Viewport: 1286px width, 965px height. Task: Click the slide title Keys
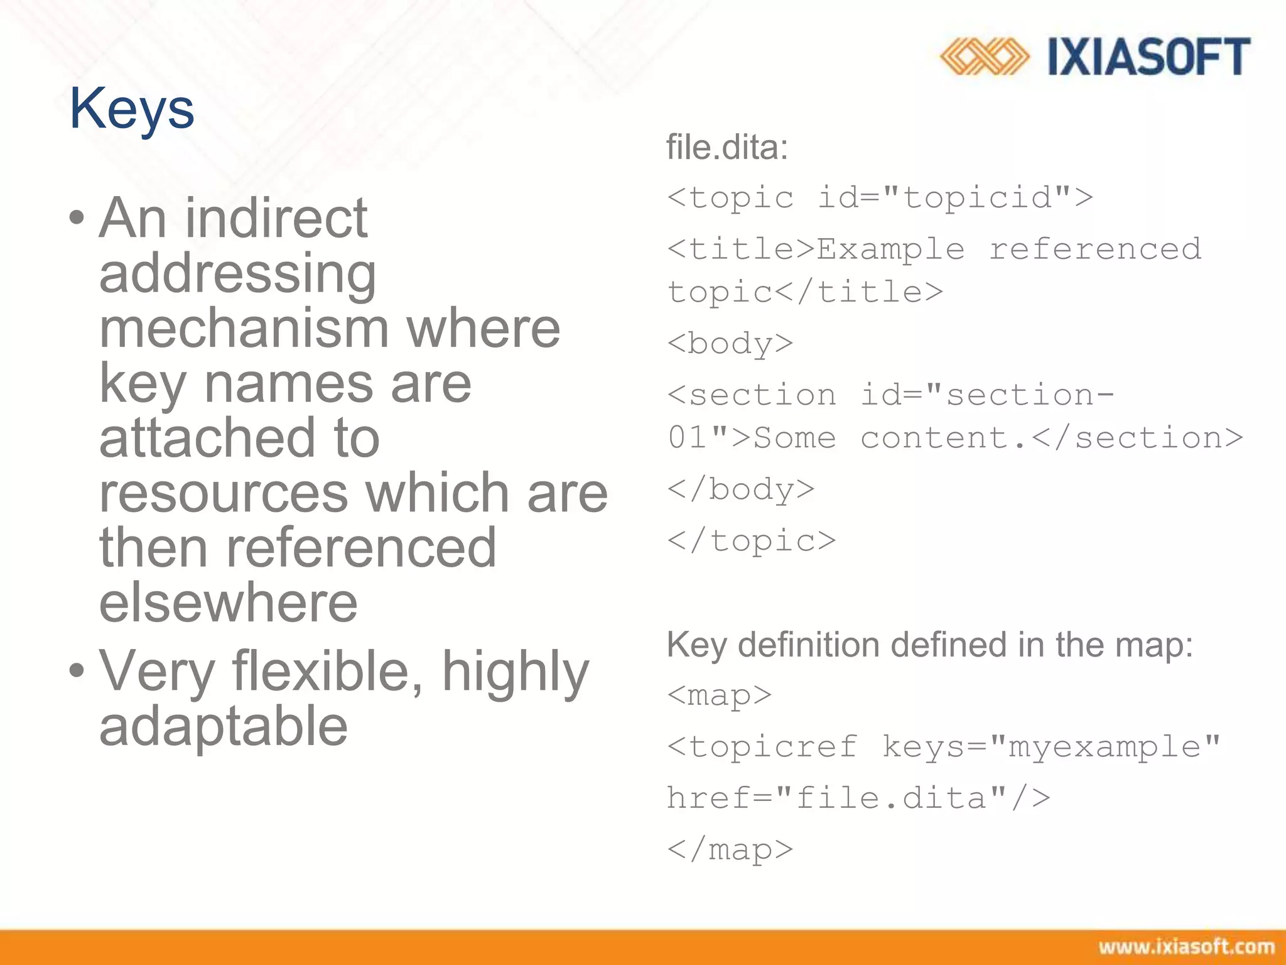132,109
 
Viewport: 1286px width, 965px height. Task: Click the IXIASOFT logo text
1149,57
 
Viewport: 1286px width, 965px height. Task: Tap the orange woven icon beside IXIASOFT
984,57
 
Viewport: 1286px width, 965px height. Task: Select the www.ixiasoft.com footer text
1186,947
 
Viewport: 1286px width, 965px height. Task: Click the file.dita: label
727,148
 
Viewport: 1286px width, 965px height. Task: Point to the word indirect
276,218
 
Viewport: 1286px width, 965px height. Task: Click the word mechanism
244,329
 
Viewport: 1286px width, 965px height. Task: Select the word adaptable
224,726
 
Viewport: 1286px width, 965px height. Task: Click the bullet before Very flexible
77,671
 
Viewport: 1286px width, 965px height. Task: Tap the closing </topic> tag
752,541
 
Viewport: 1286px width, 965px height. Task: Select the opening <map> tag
720,695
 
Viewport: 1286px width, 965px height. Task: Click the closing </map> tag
730,850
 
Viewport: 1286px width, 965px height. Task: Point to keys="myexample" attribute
1051,747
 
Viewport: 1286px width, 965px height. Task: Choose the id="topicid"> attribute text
954,198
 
